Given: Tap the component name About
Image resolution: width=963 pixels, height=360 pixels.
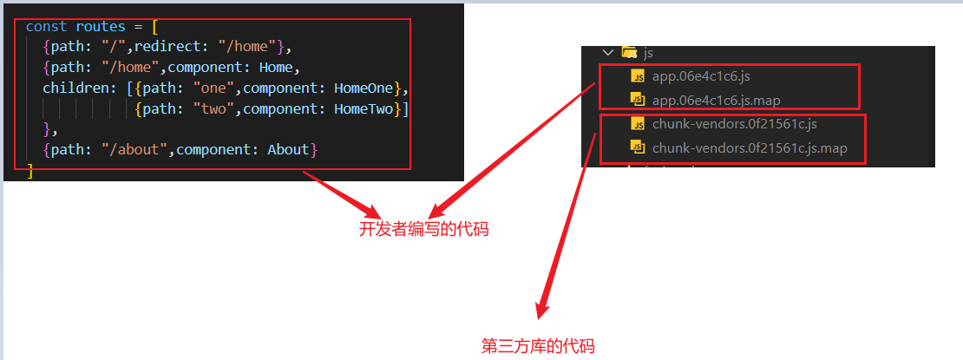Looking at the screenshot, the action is click(x=288, y=150).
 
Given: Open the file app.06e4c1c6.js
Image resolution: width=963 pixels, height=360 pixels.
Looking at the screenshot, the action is click(x=694, y=76).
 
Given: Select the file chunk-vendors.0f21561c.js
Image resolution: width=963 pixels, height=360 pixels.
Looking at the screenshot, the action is click(x=734, y=124).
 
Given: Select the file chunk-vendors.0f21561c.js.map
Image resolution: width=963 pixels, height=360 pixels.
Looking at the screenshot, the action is click(x=749, y=147).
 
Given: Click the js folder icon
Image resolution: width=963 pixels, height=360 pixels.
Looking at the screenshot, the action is click(x=630, y=53).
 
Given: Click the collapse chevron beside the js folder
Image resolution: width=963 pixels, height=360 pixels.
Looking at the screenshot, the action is click(x=607, y=53).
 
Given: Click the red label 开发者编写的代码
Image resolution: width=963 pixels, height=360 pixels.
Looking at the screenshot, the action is click(x=424, y=230).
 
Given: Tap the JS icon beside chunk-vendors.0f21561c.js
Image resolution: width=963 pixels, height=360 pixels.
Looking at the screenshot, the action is click(x=638, y=124).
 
